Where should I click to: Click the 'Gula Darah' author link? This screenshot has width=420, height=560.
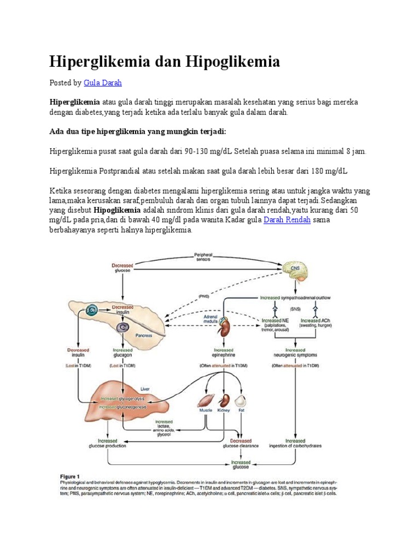(102, 83)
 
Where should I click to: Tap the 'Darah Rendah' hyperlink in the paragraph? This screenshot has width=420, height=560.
(287, 220)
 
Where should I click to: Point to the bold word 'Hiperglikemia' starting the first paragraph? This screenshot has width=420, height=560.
(75, 102)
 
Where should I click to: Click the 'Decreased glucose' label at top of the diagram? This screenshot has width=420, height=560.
(122, 267)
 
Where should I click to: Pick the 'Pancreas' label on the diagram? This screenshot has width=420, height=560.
(144, 335)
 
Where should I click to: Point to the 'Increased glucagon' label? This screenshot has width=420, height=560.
(122, 352)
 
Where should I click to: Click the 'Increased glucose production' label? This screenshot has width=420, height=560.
(107, 443)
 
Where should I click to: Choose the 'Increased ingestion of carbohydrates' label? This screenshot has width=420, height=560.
(295, 443)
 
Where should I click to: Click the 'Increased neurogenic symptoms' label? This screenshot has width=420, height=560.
(295, 352)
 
